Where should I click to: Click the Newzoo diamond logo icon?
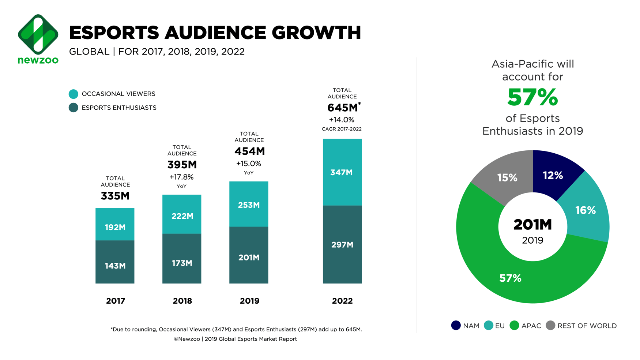point(38,34)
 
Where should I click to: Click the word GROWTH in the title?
point(316,33)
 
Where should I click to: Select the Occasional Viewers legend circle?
point(74,94)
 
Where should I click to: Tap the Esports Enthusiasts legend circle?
point(74,108)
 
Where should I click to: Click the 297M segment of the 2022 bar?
point(342,244)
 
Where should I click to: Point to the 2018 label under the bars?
point(182,301)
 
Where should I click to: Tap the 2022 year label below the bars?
point(342,301)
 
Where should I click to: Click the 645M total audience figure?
point(342,108)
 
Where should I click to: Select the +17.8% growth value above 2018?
point(181,177)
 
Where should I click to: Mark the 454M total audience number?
point(249,151)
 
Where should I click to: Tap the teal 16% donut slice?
point(585,210)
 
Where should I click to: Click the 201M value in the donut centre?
point(532,225)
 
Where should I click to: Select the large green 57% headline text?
point(532,97)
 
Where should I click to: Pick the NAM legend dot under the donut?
point(456,325)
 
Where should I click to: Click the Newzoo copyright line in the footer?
point(235,339)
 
